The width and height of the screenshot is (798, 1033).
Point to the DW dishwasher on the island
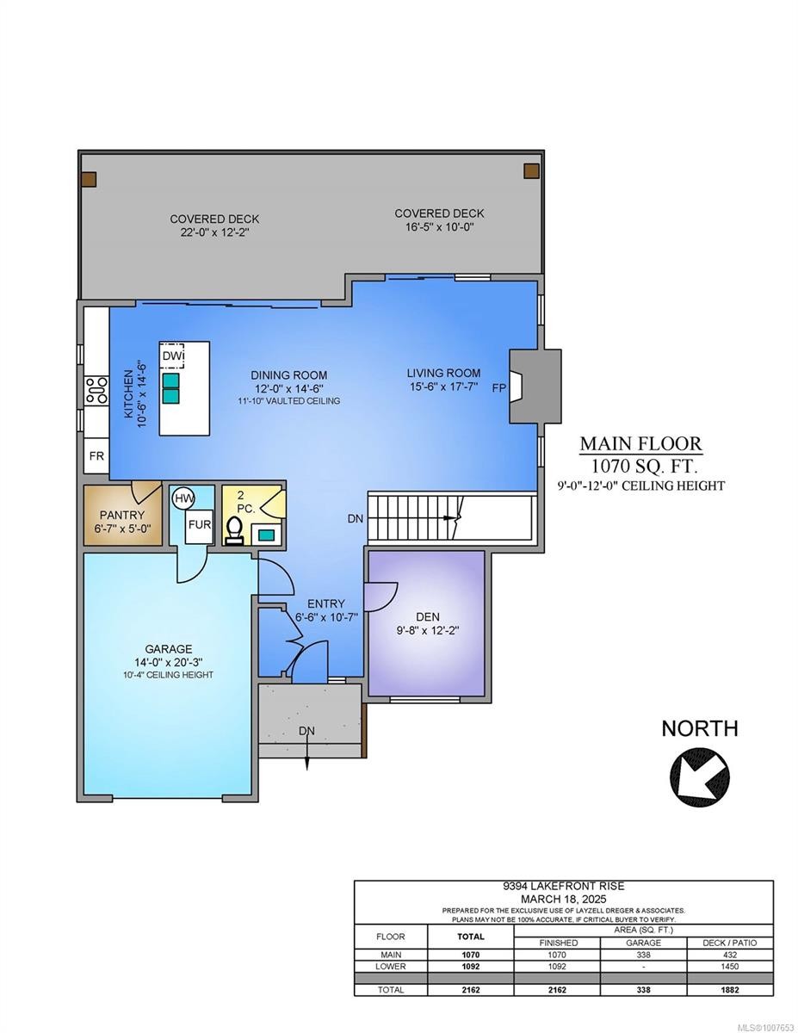pyautogui.click(x=171, y=355)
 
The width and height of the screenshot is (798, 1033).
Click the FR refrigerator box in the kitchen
pyautogui.click(x=96, y=455)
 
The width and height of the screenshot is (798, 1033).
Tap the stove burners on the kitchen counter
pyautogui.click(x=96, y=391)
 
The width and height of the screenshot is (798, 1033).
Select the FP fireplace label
pyautogui.click(x=498, y=388)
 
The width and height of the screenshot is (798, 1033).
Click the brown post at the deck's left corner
pyautogui.click(x=88, y=179)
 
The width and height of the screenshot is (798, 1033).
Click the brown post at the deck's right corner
pyautogui.click(x=531, y=170)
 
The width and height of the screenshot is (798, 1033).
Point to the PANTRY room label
pyautogui.click(x=121, y=515)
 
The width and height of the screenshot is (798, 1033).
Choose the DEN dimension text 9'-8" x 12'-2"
pyautogui.click(x=427, y=630)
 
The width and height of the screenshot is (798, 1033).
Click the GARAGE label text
pyautogui.click(x=169, y=649)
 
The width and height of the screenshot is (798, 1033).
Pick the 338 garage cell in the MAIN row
pyautogui.click(x=643, y=955)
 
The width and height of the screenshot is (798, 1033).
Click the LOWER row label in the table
pyautogui.click(x=390, y=967)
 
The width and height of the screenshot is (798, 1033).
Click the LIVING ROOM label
pyautogui.click(x=443, y=373)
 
